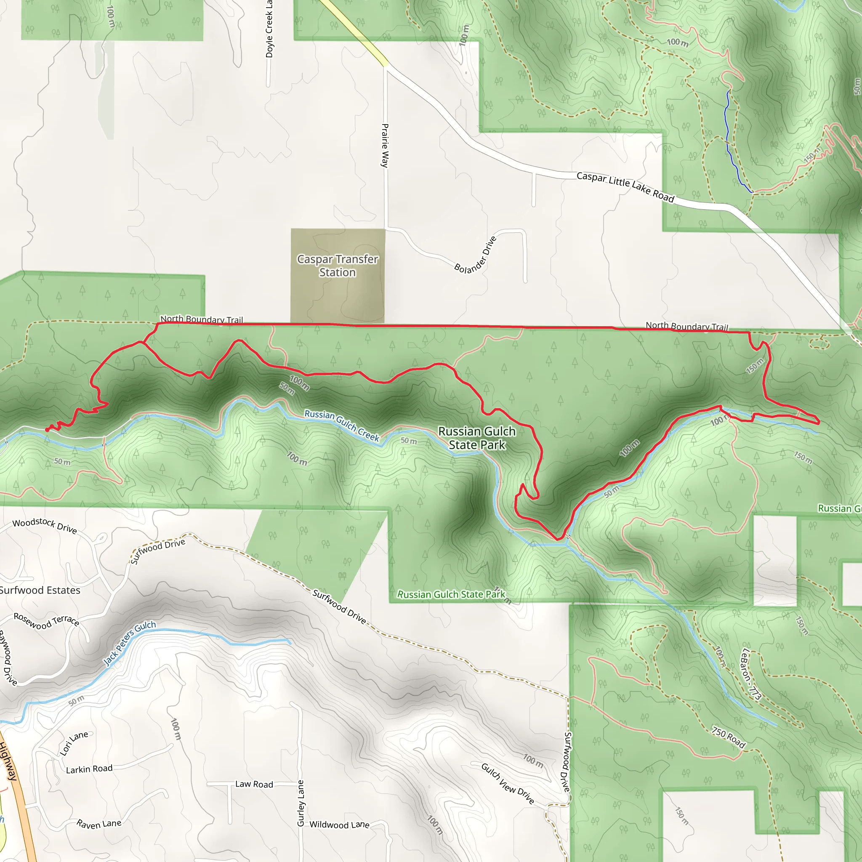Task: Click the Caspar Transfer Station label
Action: [x=337, y=266]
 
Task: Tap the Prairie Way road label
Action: [x=385, y=146]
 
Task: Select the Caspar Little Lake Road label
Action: [x=625, y=187]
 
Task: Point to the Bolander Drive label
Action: [x=475, y=255]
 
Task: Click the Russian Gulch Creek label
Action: [x=342, y=426]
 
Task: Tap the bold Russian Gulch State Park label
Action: [x=477, y=438]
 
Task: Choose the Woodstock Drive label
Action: [x=45, y=526]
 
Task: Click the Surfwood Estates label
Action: [x=40, y=590]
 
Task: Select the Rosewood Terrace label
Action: [x=46, y=620]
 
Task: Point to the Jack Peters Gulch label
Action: [x=130, y=643]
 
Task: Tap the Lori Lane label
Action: [x=74, y=743]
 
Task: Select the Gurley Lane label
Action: [x=301, y=803]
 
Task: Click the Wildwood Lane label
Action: [x=340, y=825]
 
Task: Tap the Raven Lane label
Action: [x=98, y=824]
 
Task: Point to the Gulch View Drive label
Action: [x=508, y=783]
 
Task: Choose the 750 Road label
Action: [x=728, y=737]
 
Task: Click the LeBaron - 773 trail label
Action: [x=750, y=674]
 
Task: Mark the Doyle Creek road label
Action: [x=269, y=29]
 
